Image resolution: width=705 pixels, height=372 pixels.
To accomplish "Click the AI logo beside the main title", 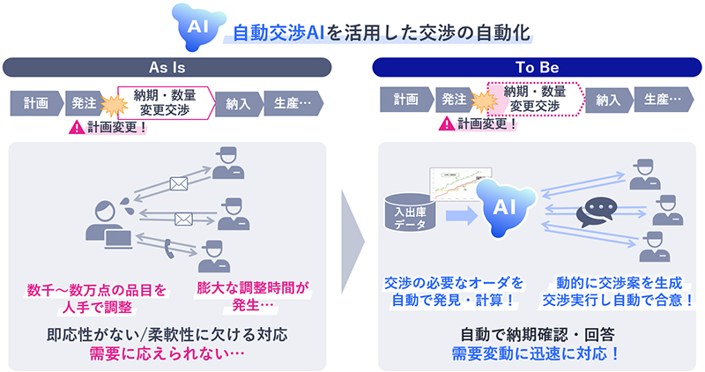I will click(198, 26).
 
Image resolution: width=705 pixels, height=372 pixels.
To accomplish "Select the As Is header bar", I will click(167, 66).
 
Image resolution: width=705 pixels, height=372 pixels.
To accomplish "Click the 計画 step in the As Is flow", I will click(34, 101).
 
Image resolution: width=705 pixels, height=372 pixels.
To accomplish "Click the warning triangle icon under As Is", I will click(77, 127).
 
